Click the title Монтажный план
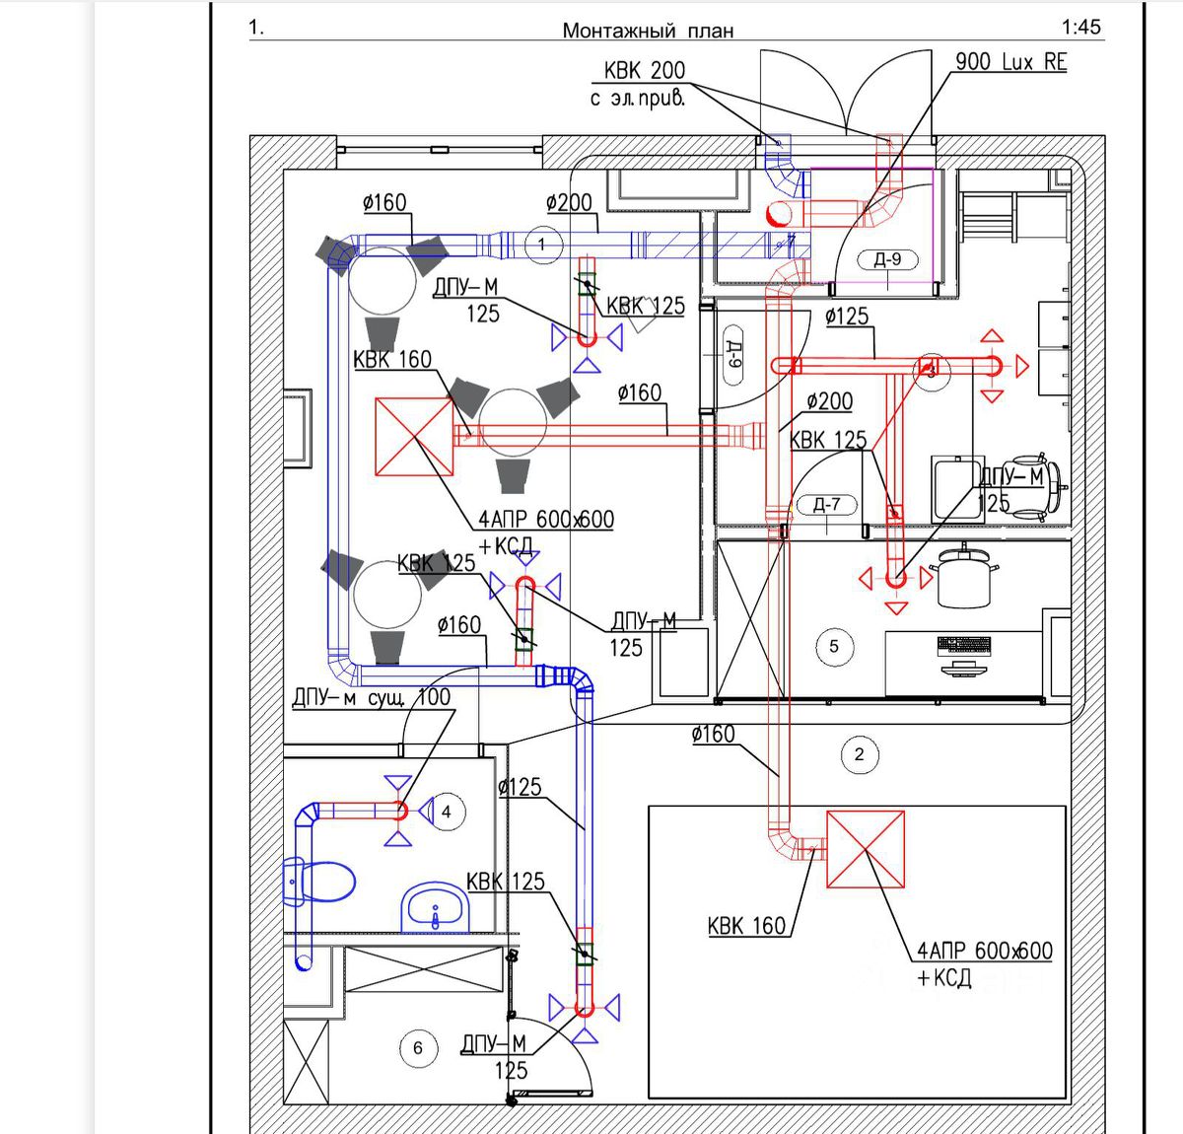(x=648, y=31)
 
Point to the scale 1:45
(x=1080, y=28)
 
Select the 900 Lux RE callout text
(x=1010, y=61)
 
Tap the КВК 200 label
(x=645, y=71)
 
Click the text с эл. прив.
(x=637, y=98)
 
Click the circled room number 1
(x=543, y=244)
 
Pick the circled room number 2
(x=859, y=754)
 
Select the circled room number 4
(x=447, y=812)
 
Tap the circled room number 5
(x=834, y=647)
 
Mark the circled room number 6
(x=418, y=1047)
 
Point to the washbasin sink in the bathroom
(x=435, y=906)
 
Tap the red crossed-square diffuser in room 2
(x=865, y=849)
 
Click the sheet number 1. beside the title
(x=256, y=28)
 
